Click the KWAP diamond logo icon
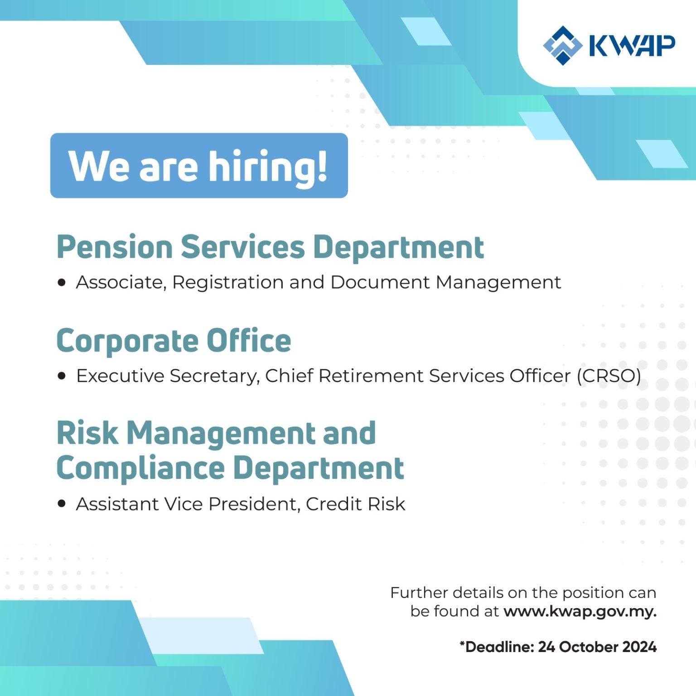[x=562, y=45]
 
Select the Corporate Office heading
[x=174, y=340]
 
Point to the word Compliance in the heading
[x=140, y=468]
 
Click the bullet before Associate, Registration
[x=62, y=283]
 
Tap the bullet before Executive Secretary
[x=62, y=376]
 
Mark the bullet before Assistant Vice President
[x=62, y=504]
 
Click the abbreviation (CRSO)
[x=609, y=376]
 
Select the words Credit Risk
[x=355, y=504]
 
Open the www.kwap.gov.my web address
[x=580, y=612]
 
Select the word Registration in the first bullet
[x=228, y=283]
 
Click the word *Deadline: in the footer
[x=497, y=647]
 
